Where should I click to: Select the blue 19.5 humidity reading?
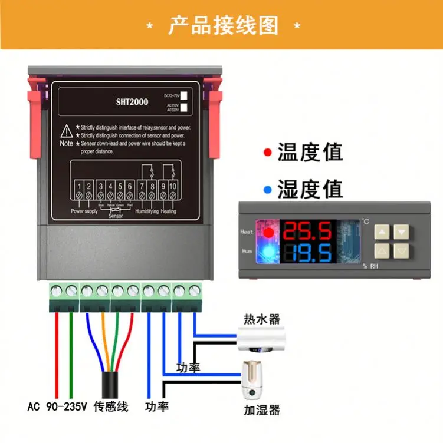[307, 253]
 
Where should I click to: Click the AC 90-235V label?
[57, 406]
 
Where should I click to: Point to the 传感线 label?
[110, 406]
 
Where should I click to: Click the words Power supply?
[84, 211]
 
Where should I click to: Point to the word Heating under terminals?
[168, 211]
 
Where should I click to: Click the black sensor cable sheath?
[110, 383]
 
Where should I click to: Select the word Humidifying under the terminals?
[147, 211]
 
